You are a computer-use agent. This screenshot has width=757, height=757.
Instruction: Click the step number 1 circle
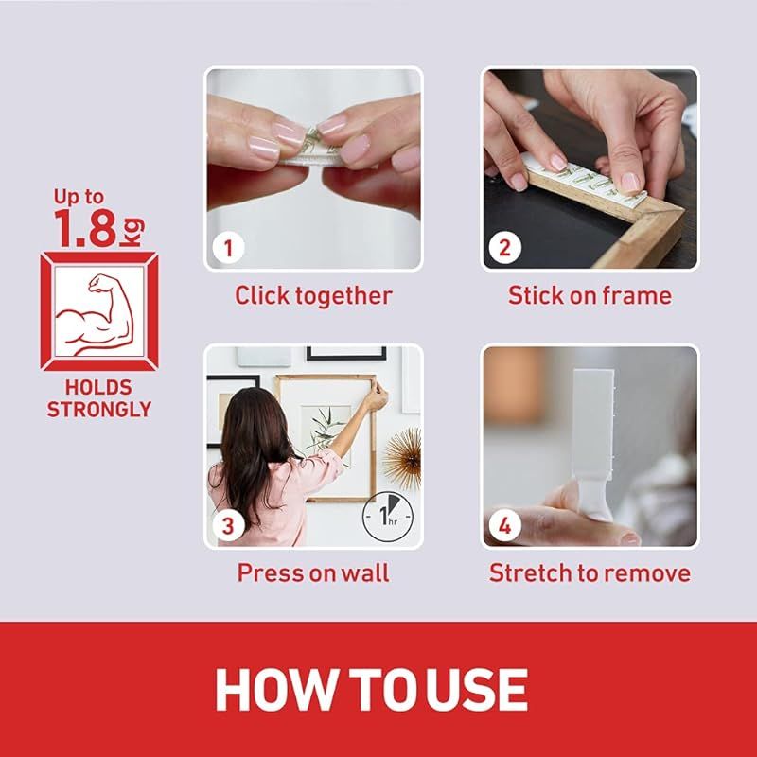tap(228, 248)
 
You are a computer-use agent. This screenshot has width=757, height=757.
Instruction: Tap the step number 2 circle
tap(504, 248)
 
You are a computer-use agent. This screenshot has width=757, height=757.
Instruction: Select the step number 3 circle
tap(228, 525)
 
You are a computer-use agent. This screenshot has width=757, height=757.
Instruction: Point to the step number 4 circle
tap(504, 525)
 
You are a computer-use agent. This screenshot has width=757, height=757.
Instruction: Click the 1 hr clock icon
tap(388, 516)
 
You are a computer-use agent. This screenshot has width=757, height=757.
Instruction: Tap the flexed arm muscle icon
tap(95, 314)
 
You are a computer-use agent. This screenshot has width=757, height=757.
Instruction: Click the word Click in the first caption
tap(262, 295)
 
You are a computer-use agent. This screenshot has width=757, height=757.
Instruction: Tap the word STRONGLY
tap(99, 410)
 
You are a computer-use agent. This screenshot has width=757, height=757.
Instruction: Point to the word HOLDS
tap(98, 387)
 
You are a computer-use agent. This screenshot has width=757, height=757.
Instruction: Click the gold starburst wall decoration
tap(403, 458)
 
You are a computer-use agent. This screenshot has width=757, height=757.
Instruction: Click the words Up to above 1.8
tap(79, 197)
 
